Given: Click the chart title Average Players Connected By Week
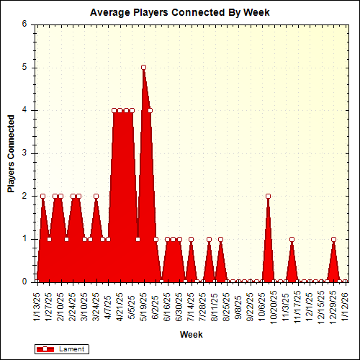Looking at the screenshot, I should [x=180, y=12].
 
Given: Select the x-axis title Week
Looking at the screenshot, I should [x=191, y=335].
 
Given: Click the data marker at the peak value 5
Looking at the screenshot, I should [x=144, y=67].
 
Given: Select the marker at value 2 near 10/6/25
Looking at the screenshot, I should [x=268, y=196].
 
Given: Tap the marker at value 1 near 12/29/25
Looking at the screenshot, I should [x=333, y=239].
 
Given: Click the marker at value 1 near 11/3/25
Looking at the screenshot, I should [x=292, y=239].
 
